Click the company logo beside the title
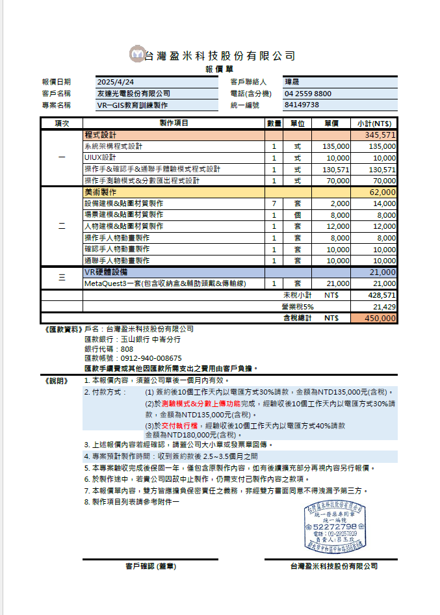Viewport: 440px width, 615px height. click(137, 55)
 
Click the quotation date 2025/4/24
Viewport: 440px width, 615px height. click(116, 82)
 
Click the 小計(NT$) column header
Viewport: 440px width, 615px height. click(374, 123)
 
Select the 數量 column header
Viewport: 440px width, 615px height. click(274, 123)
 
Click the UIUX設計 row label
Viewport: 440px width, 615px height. click(100, 157)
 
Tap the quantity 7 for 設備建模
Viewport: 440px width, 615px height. click(274, 203)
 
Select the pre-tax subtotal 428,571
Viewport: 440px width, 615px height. click(382, 294)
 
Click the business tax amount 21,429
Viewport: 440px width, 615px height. click(384, 306)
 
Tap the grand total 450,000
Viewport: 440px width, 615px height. click(380, 318)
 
